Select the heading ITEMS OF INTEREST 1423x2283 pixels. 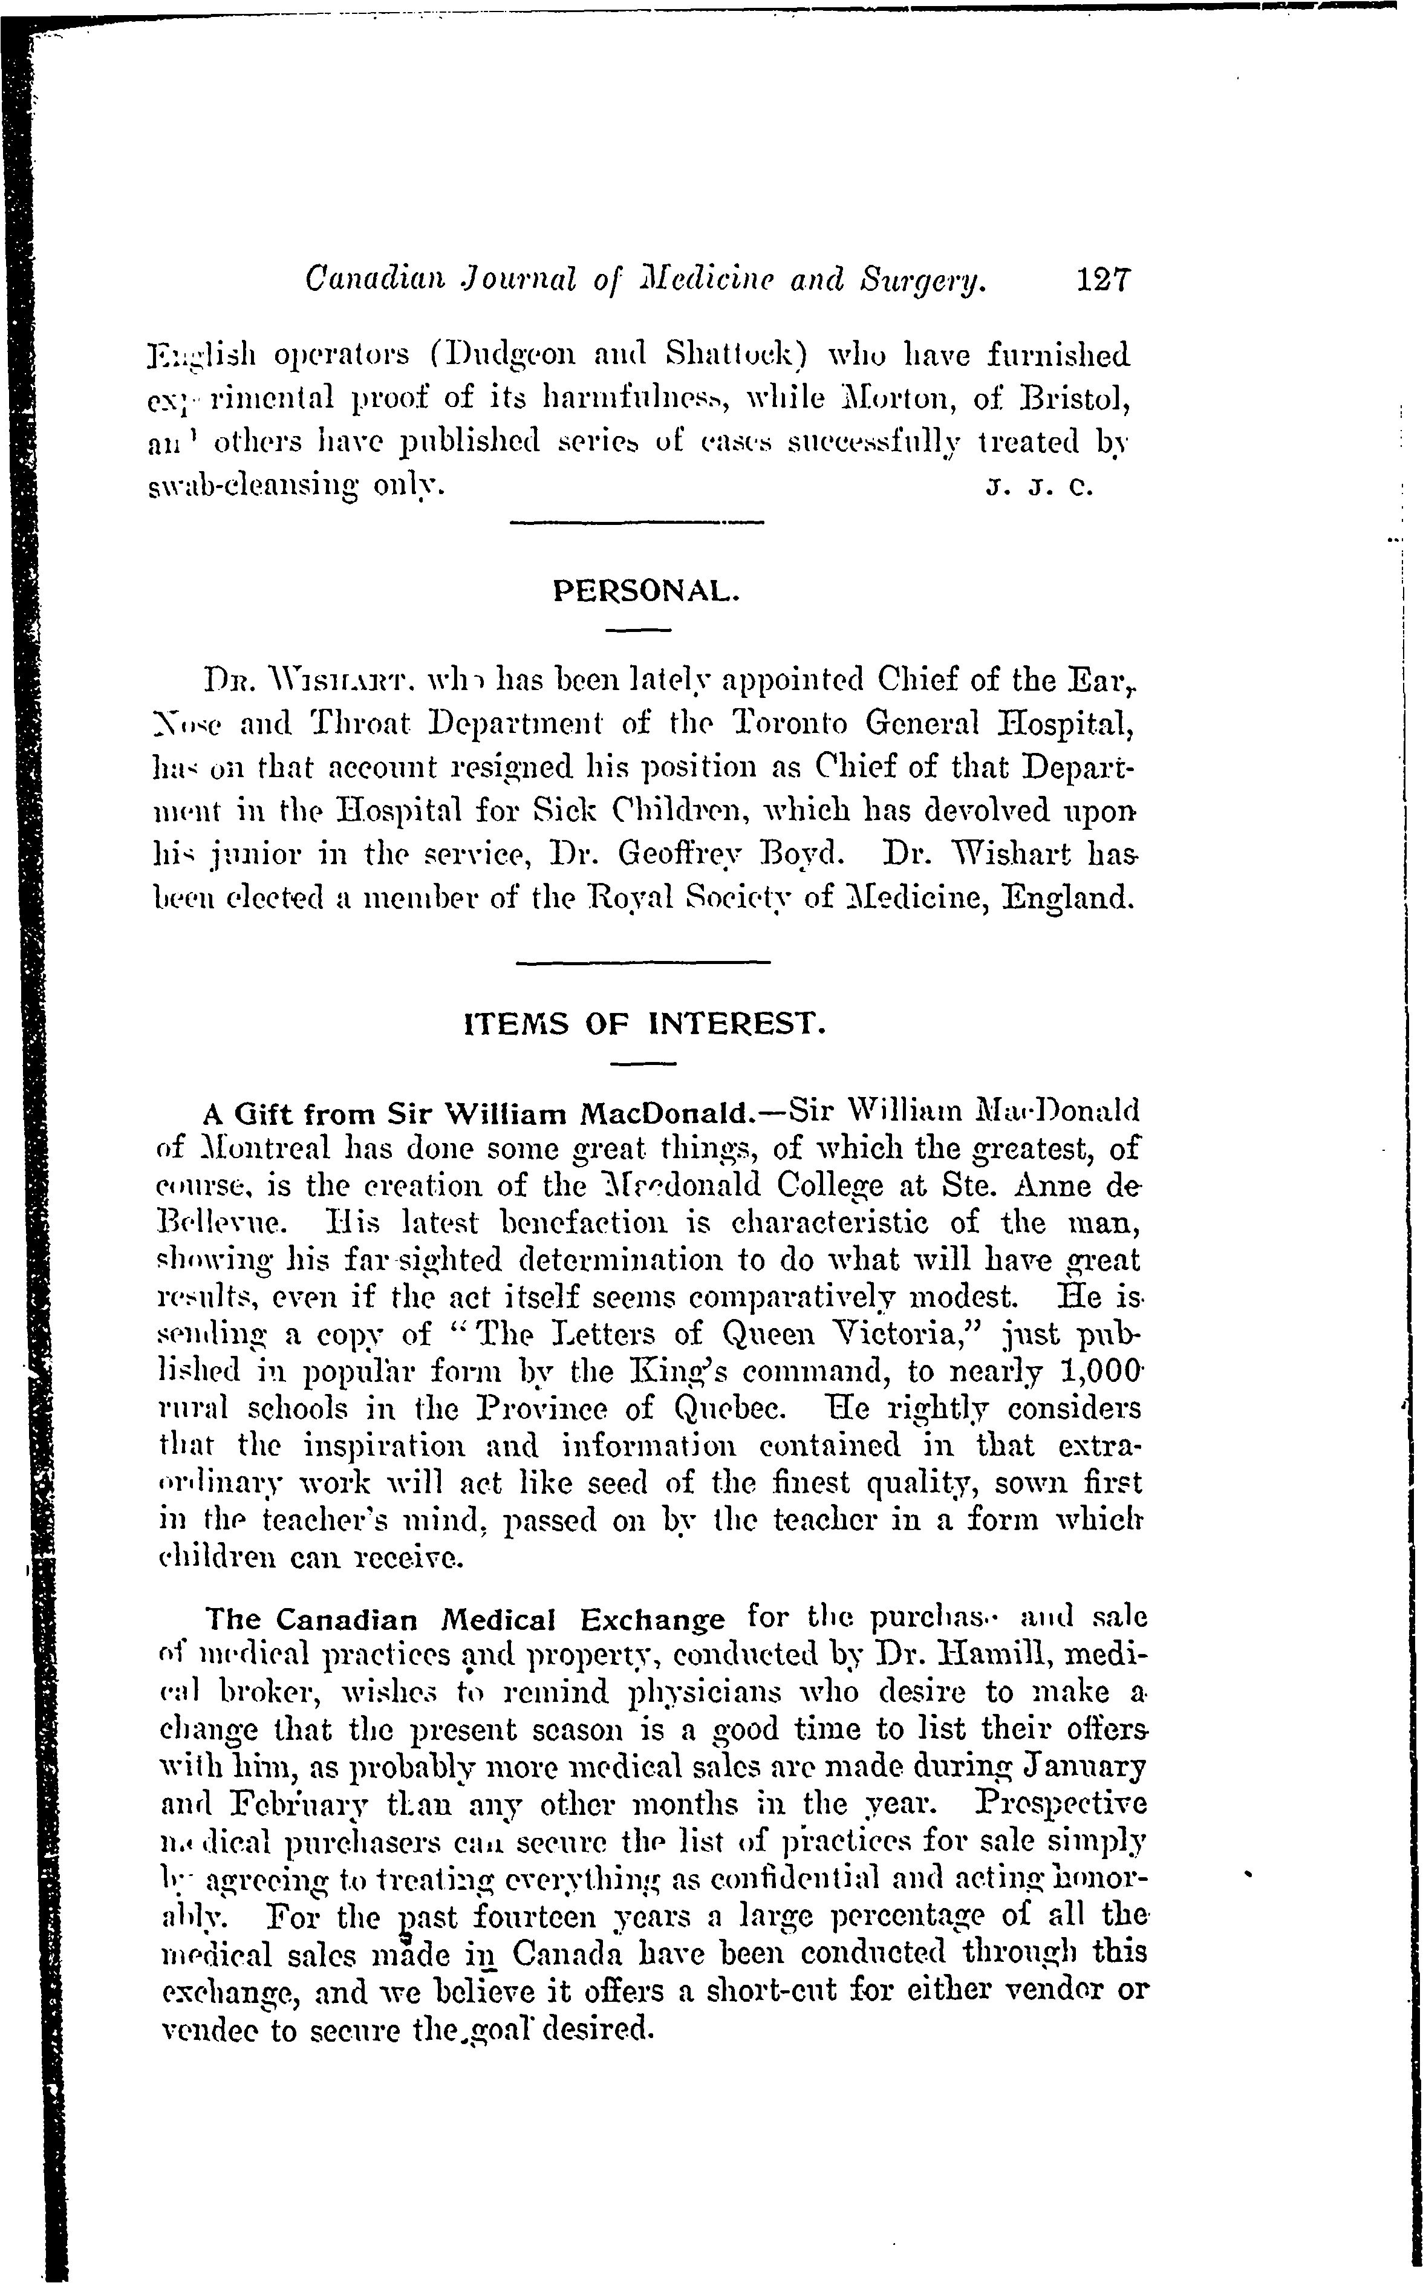point(646,1024)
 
